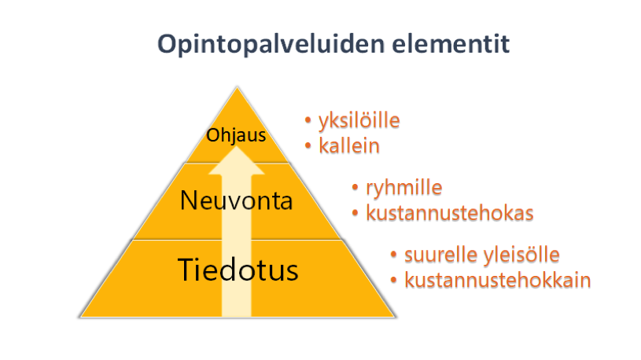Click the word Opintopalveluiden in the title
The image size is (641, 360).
[x=271, y=45]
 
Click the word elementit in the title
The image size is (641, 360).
[x=451, y=43]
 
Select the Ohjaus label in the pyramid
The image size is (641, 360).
[x=236, y=135]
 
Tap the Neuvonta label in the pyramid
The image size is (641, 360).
[x=236, y=200]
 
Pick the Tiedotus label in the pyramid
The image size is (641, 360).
[x=238, y=270]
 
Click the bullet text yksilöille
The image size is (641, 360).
[x=359, y=121]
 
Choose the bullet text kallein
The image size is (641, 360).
[x=349, y=146]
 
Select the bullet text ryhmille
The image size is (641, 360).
[x=404, y=188]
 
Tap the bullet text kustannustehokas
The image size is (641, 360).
[x=450, y=213]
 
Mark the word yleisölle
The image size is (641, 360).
[x=521, y=255]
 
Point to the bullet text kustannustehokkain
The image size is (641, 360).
[x=498, y=280]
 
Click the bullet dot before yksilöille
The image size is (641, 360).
[x=308, y=120]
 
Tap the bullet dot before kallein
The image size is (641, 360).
[x=308, y=145]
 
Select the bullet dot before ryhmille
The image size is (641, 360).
[x=355, y=188]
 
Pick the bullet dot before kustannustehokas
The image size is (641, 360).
[x=355, y=212]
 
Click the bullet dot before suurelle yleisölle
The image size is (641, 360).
[x=394, y=255]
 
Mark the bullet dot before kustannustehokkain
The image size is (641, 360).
[x=394, y=280]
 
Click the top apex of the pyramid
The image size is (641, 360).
[x=237, y=87]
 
